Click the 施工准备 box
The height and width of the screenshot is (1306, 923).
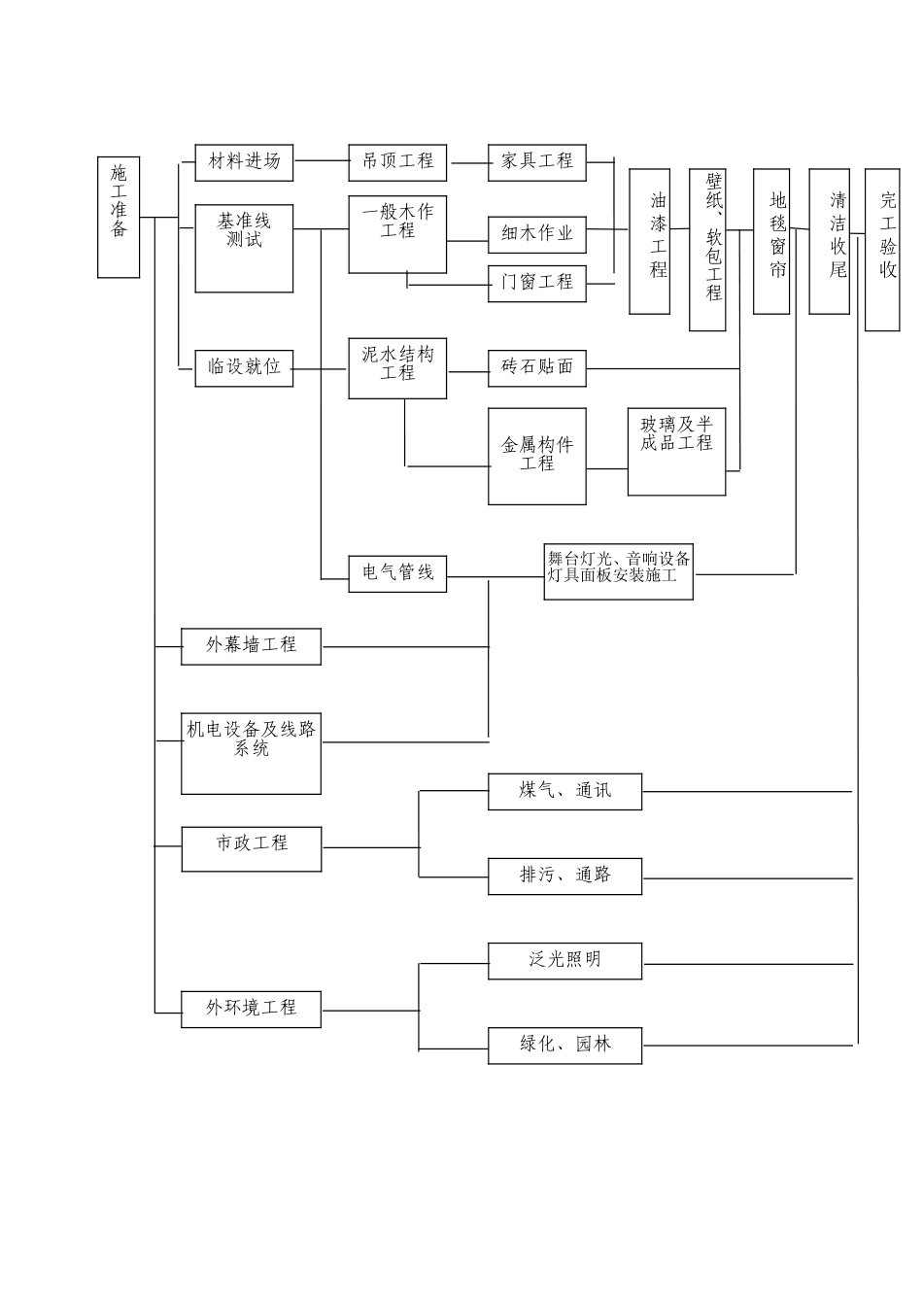coord(119,216)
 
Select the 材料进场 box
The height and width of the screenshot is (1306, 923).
coord(244,161)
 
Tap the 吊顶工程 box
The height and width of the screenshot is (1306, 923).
coord(397,161)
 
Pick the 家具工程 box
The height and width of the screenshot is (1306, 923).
coord(537,161)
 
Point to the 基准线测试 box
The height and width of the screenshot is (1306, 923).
coord(244,247)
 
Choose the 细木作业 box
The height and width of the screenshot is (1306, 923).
coord(537,234)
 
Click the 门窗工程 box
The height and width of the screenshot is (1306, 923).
coord(537,283)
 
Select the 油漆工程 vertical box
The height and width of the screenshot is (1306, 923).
coord(649,241)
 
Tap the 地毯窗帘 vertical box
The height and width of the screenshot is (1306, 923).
coord(771,241)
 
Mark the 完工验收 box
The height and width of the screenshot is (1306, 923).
coord(882,250)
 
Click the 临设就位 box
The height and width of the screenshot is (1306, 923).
coord(244,367)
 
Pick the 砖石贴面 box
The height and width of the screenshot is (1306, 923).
coord(537,367)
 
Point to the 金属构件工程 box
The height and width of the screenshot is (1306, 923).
coord(537,456)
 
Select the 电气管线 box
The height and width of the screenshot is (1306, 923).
coord(397,573)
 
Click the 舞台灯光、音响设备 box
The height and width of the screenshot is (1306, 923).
coord(619,571)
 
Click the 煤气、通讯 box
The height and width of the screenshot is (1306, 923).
coord(564,792)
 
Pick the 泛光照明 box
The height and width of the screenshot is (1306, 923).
coord(564,961)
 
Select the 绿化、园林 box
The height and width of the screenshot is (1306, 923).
coord(564,1046)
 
